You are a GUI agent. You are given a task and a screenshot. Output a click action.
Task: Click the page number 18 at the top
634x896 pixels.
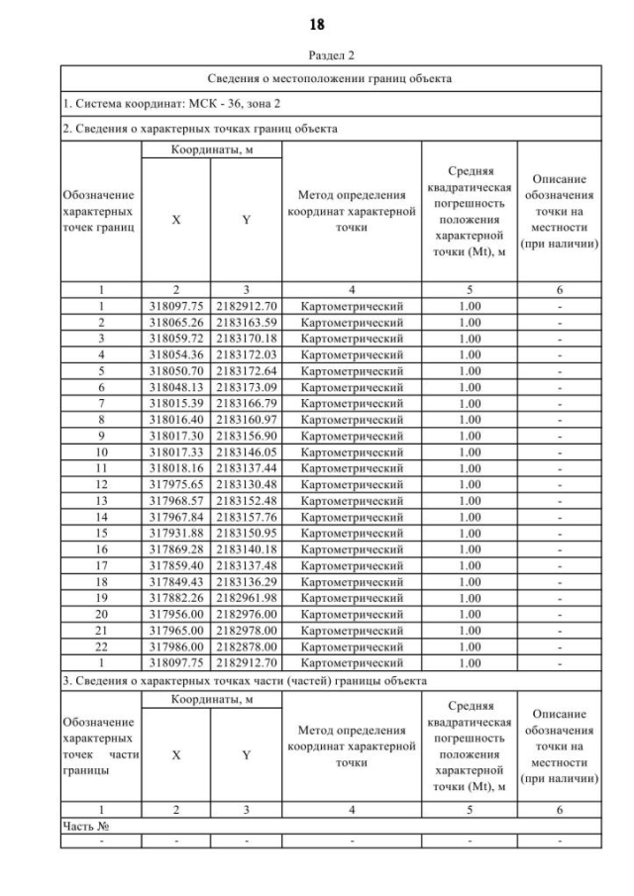(x=317, y=23)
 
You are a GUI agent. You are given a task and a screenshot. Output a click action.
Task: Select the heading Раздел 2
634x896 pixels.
(x=317, y=57)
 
